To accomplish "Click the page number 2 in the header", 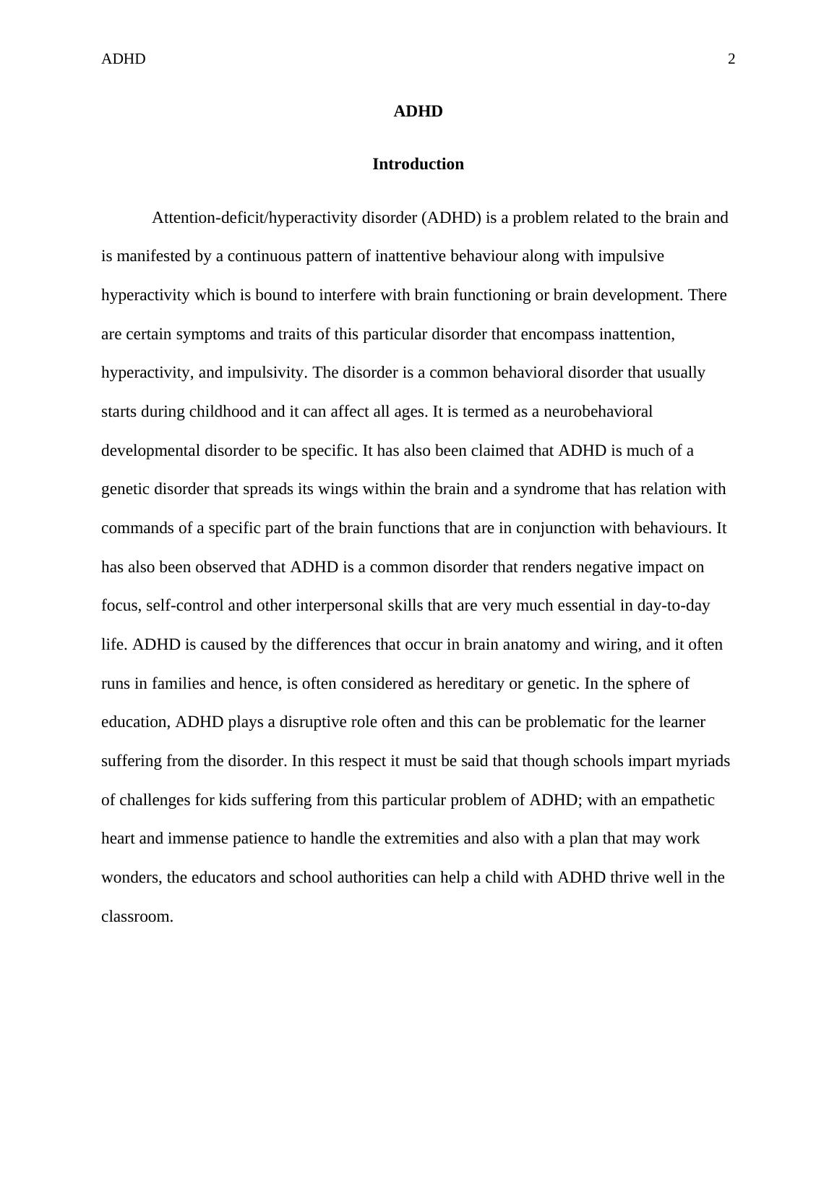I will [731, 59].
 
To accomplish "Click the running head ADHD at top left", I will [123, 59].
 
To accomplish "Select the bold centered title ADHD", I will [418, 111].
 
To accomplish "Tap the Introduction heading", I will [418, 164].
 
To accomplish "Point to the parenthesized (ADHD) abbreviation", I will [451, 218].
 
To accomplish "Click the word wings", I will [346, 489].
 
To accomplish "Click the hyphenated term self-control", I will [185, 606].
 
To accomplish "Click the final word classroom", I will [136, 917].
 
